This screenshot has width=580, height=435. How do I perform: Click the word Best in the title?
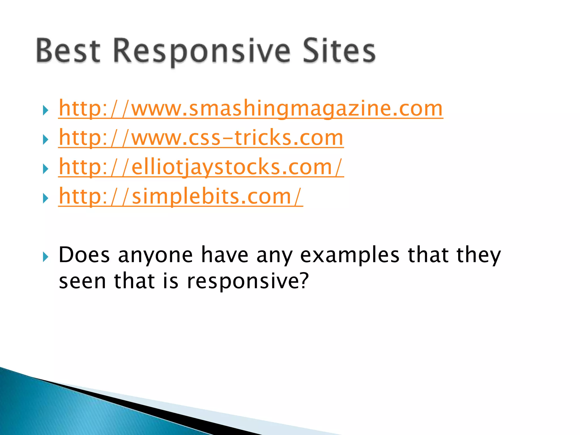68,51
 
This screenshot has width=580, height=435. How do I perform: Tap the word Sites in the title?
339,51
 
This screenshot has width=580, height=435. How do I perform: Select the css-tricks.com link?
201,138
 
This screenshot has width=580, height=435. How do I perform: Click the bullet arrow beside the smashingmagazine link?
45,110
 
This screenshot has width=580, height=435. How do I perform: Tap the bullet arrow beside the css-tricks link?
45,140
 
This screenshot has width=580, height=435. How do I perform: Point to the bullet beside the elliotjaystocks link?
45,169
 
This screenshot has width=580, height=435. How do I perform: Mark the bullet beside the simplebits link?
45,198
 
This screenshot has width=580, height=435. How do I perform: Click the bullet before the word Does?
45,257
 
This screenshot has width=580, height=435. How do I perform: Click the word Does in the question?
84,255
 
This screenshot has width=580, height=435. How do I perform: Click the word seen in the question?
82,282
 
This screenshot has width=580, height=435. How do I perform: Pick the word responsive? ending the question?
248,282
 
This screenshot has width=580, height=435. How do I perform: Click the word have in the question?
225,255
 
